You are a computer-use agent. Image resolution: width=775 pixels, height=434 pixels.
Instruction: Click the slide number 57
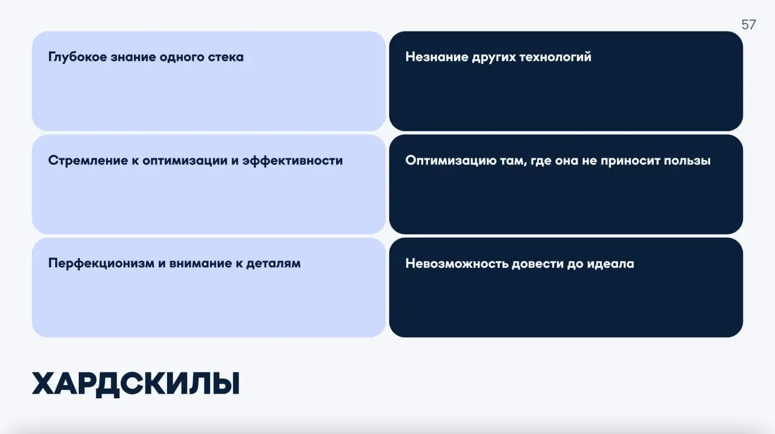748,25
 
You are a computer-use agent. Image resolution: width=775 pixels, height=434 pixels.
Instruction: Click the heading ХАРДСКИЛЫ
136,384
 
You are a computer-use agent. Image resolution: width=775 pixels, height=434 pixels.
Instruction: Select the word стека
225,57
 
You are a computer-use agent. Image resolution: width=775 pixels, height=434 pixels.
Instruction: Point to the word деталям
273,264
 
